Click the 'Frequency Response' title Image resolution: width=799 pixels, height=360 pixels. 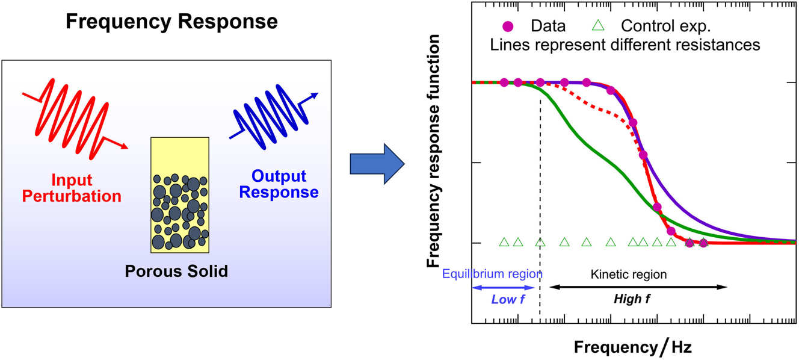coord(171,22)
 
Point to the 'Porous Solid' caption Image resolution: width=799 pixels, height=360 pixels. coord(176,272)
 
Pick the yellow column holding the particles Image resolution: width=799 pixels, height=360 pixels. coord(179,194)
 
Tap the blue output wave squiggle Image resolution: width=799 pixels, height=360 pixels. coord(274,117)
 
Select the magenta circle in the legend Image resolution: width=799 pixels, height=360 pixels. coord(507,26)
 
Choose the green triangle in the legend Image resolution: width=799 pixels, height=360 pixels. coord(597,26)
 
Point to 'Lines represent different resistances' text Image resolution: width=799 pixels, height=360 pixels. coord(625,45)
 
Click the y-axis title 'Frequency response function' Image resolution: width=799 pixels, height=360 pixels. coord(433,151)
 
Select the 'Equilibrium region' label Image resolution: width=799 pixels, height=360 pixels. coord(492,274)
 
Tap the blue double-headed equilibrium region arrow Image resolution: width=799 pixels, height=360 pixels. coord(503,288)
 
